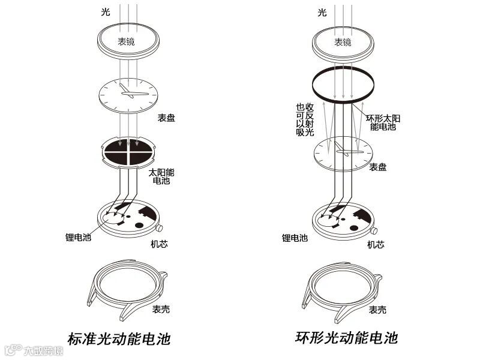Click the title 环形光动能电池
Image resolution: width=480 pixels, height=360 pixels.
(x=346, y=337)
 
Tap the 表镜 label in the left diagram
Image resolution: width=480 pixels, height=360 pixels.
(x=126, y=42)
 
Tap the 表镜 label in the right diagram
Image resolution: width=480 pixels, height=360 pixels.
(x=343, y=42)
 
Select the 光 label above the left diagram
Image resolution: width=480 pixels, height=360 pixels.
(x=106, y=12)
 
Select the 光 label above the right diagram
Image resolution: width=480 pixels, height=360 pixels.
(x=322, y=12)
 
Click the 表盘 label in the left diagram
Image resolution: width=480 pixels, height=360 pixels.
(x=166, y=118)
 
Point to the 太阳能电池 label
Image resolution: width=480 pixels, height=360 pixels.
(x=161, y=176)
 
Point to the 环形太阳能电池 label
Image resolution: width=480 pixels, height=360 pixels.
(x=383, y=123)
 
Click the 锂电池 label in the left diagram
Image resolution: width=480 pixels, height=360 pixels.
(x=77, y=237)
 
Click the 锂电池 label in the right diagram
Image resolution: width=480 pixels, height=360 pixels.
(x=295, y=238)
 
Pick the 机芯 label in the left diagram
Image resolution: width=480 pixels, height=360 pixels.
(x=159, y=244)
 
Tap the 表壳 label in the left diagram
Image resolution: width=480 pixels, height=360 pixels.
(x=161, y=310)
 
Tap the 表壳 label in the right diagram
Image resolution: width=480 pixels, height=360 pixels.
(x=377, y=310)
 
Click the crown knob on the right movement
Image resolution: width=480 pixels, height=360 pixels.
(x=375, y=230)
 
